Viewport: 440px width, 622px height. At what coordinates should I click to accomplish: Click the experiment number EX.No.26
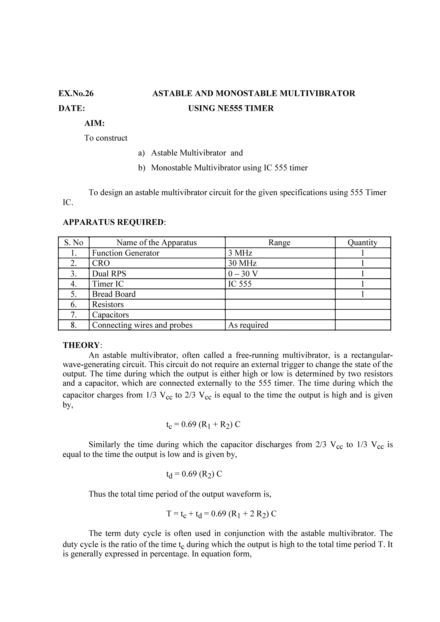[x=76, y=93]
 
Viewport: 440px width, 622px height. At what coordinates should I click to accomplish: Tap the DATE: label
[x=72, y=108]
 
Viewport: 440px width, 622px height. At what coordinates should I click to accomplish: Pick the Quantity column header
[x=362, y=243]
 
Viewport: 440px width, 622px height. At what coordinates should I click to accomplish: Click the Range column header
[x=279, y=243]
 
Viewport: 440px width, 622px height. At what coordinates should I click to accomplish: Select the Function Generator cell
[x=126, y=253]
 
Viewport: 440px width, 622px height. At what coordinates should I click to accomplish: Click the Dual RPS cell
[x=109, y=274]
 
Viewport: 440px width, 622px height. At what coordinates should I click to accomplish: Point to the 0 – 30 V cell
[x=243, y=274]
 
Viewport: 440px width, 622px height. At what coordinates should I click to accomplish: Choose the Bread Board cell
[x=114, y=294]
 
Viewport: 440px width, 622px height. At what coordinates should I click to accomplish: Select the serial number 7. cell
[x=74, y=315]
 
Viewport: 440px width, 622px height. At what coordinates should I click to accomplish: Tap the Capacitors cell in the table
[x=111, y=315]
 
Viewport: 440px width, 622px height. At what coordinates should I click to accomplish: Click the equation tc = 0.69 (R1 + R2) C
[x=203, y=425]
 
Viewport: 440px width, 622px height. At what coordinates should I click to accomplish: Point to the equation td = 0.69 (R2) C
[x=194, y=474]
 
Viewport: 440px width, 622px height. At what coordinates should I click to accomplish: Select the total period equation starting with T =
[x=221, y=514]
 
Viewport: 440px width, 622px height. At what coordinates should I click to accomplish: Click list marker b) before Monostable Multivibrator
[x=142, y=168]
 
